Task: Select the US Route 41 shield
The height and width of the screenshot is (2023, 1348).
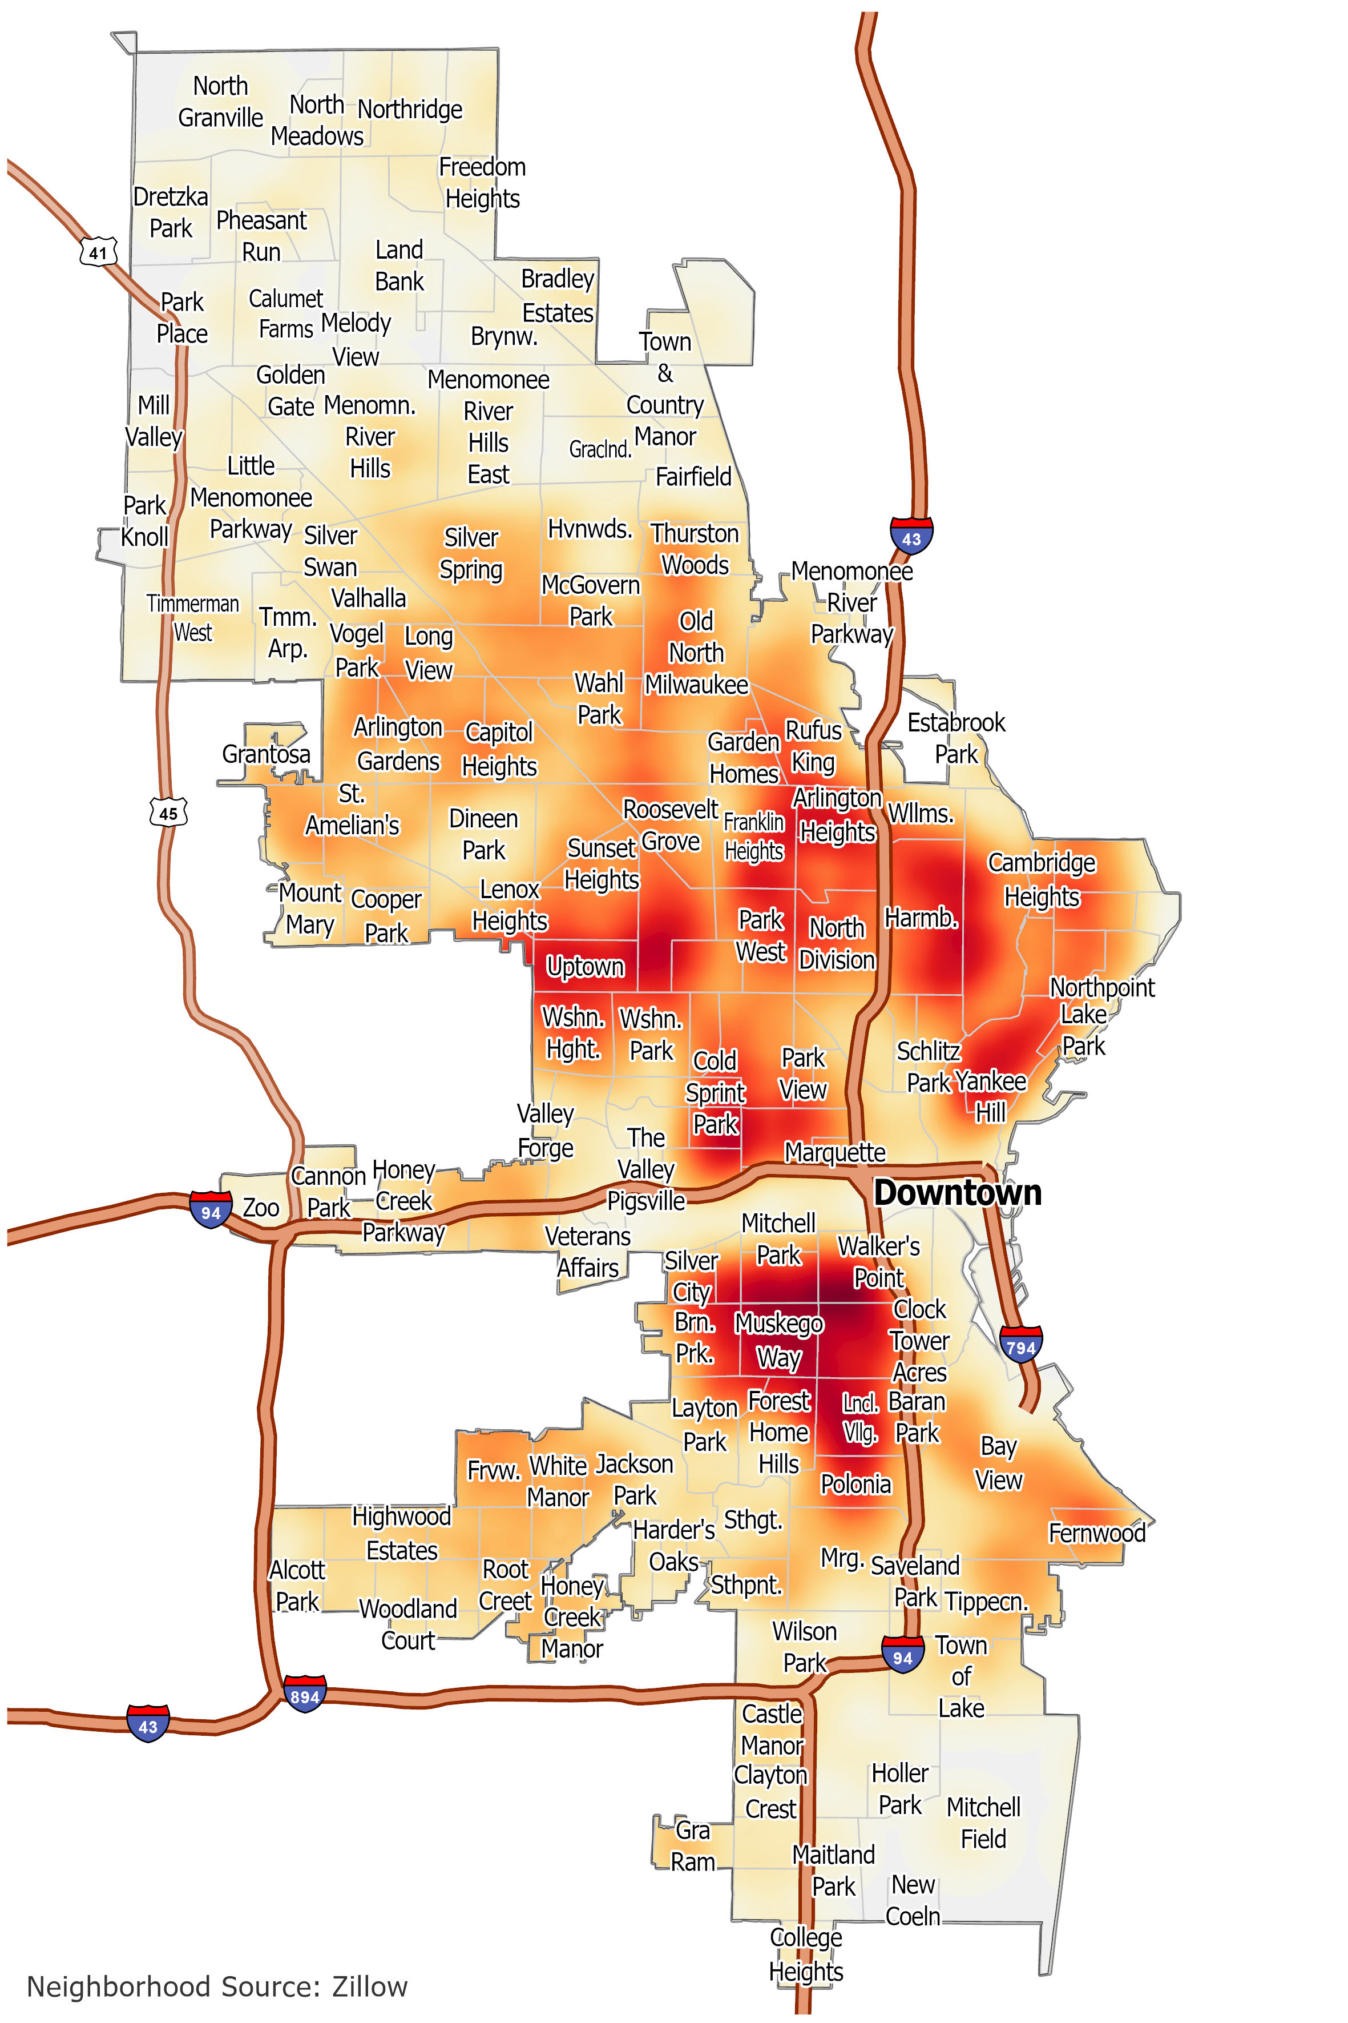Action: pyautogui.click(x=98, y=252)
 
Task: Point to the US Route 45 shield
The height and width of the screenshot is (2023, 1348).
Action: pyautogui.click(x=168, y=812)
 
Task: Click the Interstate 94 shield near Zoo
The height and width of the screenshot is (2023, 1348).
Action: pyautogui.click(x=211, y=1211)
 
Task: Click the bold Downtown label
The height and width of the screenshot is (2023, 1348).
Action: pyautogui.click(x=957, y=1193)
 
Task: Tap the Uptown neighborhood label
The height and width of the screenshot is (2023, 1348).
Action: pyautogui.click(x=586, y=967)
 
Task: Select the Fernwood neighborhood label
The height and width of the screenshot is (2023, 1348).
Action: pyautogui.click(x=1097, y=1533)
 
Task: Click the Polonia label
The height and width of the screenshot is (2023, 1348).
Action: pyautogui.click(x=855, y=1484)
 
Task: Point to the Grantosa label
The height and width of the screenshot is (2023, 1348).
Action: pyautogui.click(x=265, y=754)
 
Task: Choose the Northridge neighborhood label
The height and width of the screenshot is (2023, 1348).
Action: pyautogui.click(x=410, y=109)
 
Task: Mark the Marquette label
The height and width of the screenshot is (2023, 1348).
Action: pyautogui.click(x=834, y=1152)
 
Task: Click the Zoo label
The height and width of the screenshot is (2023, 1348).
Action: pyautogui.click(x=260, y=1208)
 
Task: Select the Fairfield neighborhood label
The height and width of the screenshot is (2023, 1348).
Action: pyautogui.click(x=693, y=477)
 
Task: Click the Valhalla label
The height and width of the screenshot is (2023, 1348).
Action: pyautogui.click(x=368, y=598)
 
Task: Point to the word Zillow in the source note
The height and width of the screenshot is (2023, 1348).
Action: pyautogui.click(x=370, y=1986)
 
